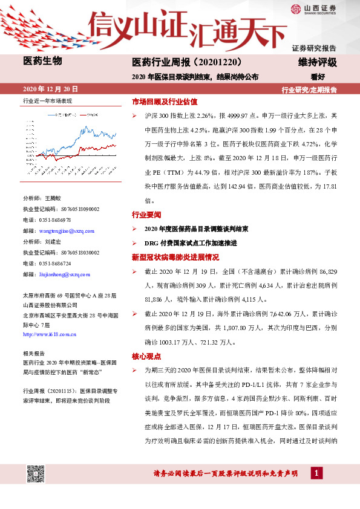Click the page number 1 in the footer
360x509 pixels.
point(316,472)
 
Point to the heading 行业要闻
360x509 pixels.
point(147,215)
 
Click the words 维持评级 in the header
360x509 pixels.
point(317,62)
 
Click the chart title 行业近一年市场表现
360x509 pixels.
point(47,101)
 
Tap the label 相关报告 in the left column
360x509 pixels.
point(32,352)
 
